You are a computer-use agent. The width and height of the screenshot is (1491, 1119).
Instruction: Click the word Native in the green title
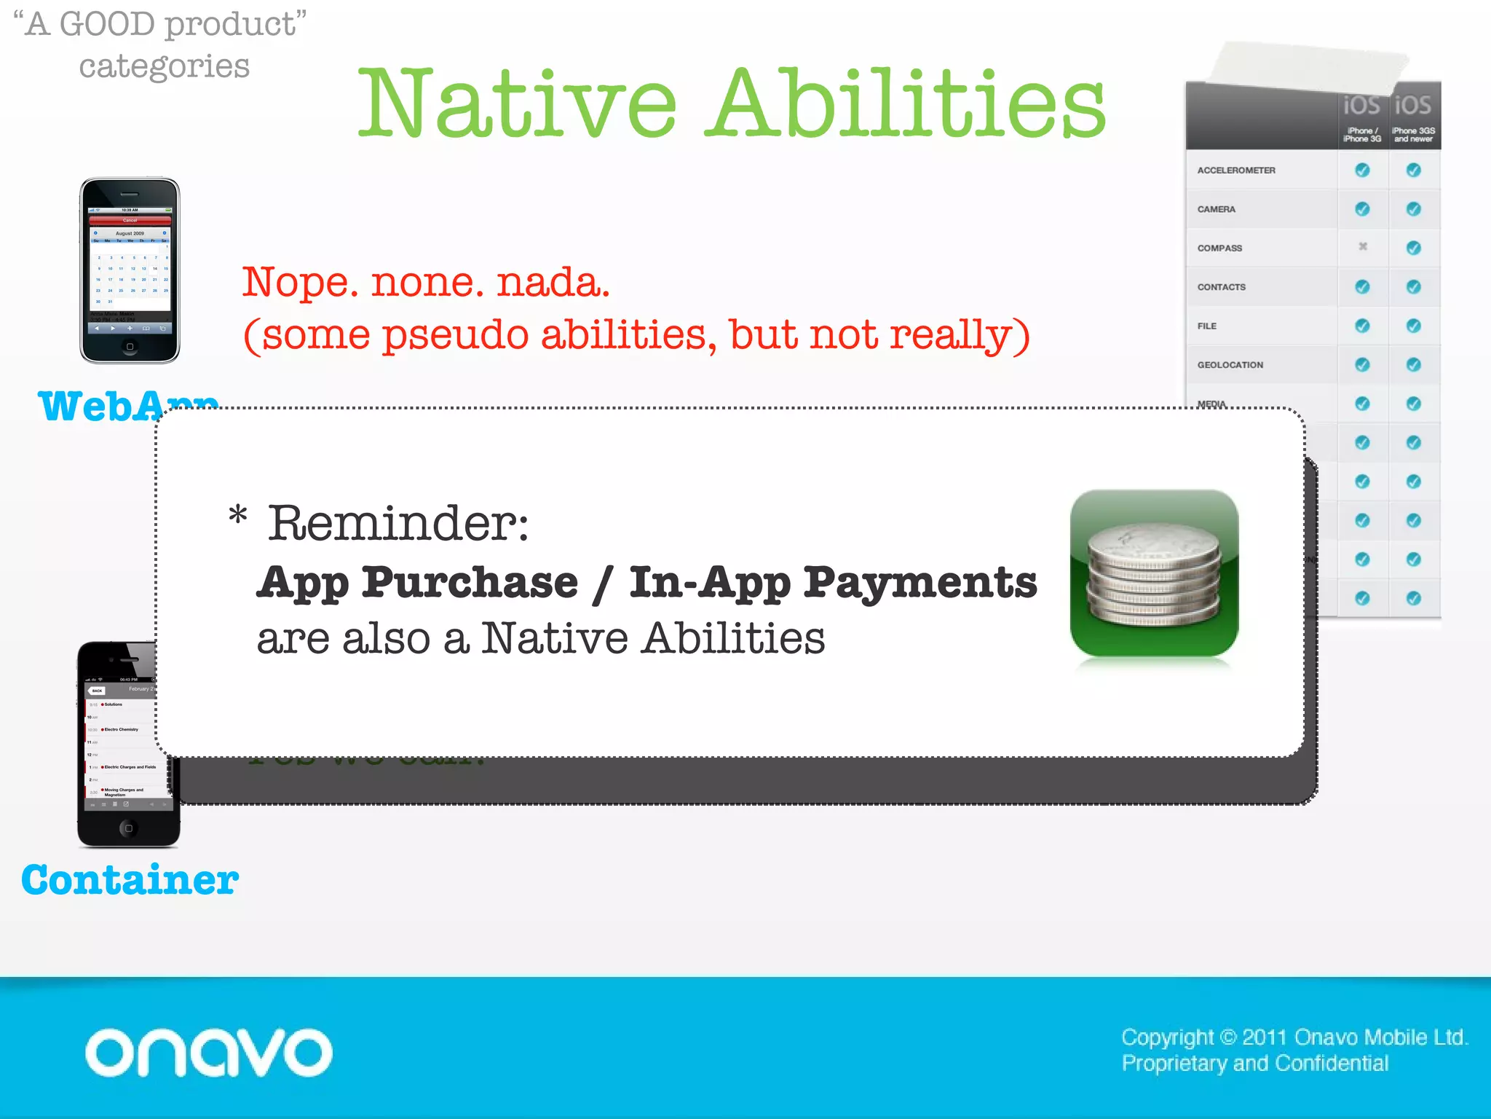[x=518, y=103]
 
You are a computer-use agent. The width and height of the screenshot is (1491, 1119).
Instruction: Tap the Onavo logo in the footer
[x=209, y=1052]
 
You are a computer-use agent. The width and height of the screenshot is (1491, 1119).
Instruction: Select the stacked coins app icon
[x=1154, y=573]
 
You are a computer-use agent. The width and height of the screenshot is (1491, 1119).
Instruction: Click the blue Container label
[x=130, y=880]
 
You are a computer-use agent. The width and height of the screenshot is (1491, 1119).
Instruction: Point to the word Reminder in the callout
[x=398, y=523]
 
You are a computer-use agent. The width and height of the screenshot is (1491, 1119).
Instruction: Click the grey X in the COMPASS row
[x=1362, y=247]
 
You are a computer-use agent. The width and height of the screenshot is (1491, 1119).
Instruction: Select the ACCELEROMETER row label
[x=1236, y=170]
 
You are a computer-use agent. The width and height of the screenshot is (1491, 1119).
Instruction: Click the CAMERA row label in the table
[x=1216, y=209]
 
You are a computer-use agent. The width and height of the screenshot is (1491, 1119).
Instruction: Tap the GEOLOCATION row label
[x=1230, y=365]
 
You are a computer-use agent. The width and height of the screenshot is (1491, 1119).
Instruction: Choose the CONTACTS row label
[x=1221, y=287]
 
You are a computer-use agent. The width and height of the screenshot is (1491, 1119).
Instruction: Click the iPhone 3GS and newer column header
[x=1413, y=117]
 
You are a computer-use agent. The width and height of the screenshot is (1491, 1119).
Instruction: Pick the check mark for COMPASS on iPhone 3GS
[x=1413, y=248]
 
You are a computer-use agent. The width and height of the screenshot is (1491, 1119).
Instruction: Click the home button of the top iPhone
[x=130, y=347]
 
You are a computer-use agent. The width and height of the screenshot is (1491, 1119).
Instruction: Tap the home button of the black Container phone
[x=129, y=828]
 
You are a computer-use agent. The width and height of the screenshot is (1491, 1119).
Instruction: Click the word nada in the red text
[x=553, y=283]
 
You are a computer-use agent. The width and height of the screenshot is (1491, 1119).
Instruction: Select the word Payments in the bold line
[x=920, y=583]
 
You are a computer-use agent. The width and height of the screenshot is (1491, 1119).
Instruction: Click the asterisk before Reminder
[x=238, y=516]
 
